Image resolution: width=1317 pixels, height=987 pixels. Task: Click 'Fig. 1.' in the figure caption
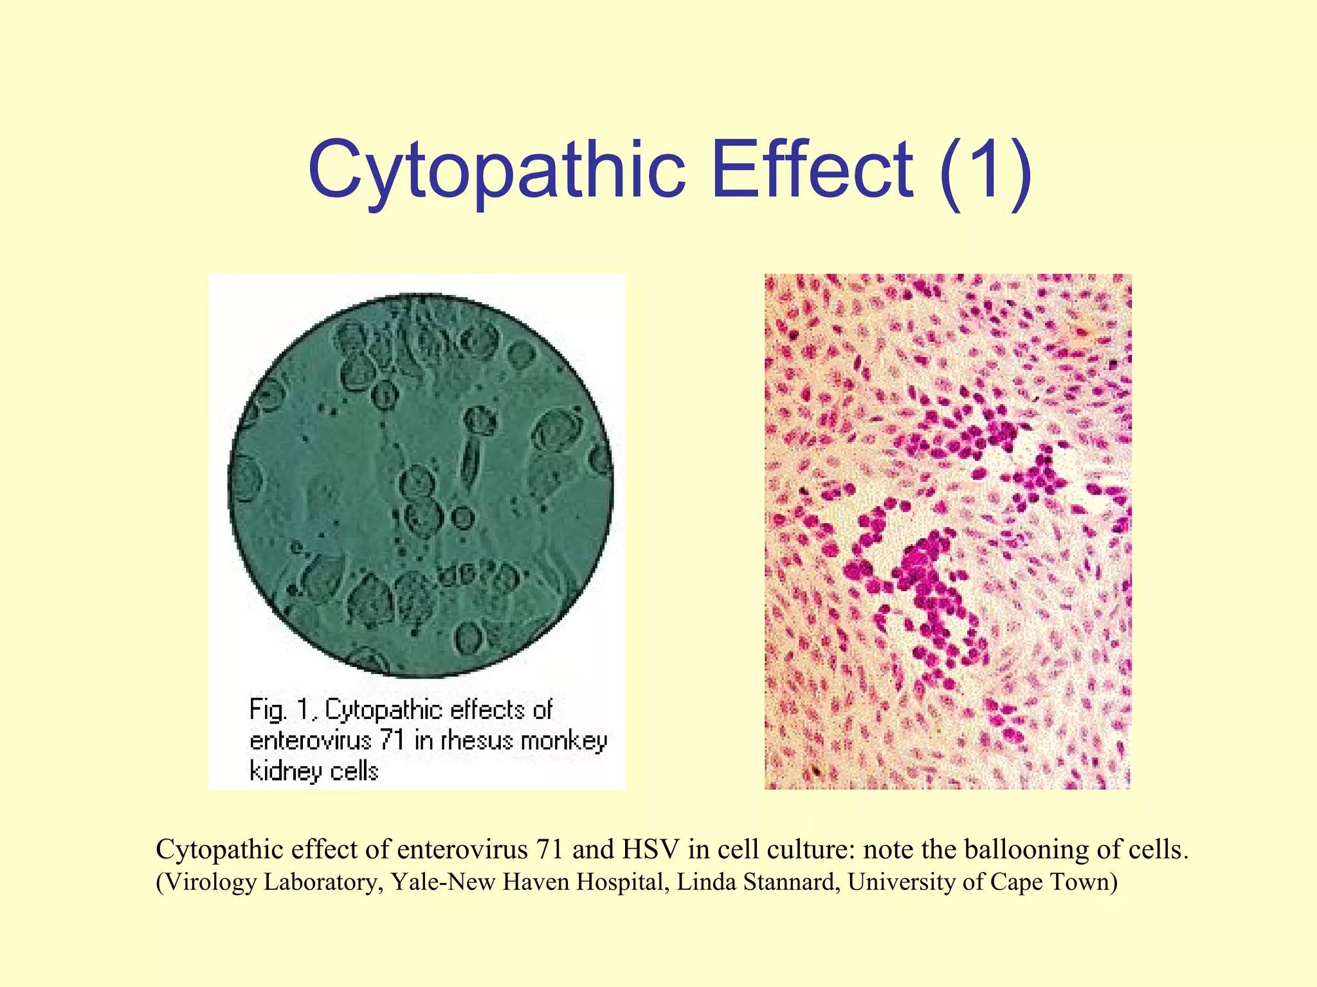pos(283,711)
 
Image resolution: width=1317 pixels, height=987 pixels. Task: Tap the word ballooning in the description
pos(1042,849)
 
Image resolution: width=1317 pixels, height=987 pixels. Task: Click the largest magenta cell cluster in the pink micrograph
pos(926,578)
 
